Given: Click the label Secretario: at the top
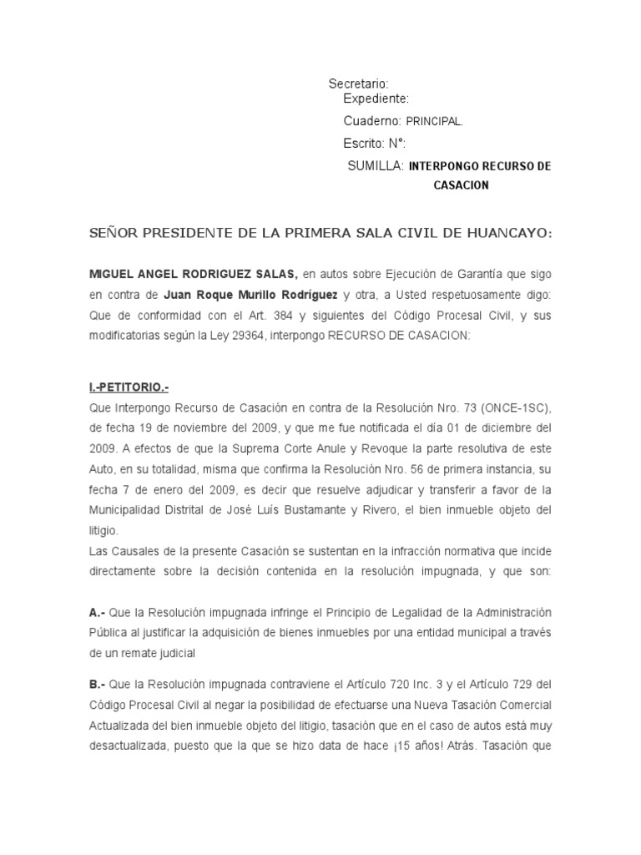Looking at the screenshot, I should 359,83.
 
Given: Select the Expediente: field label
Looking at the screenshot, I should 376,99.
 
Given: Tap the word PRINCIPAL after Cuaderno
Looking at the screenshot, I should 434,121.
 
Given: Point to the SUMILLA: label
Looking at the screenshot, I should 376,166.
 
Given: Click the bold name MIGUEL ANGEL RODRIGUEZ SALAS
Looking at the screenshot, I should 193,274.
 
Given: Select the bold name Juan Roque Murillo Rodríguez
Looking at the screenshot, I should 239,295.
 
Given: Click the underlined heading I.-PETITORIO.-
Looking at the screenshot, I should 134,387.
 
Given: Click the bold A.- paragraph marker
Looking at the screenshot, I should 97,614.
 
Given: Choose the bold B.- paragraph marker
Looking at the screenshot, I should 97,685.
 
